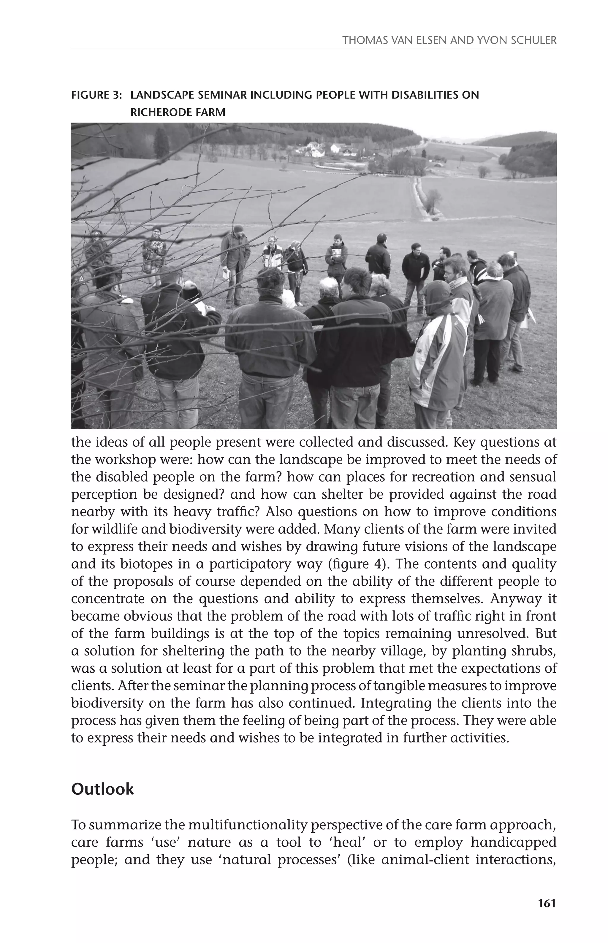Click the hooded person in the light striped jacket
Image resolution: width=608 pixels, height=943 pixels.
[x=437, y=347]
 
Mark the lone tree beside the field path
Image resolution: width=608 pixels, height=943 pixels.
[x=433, y=199]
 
